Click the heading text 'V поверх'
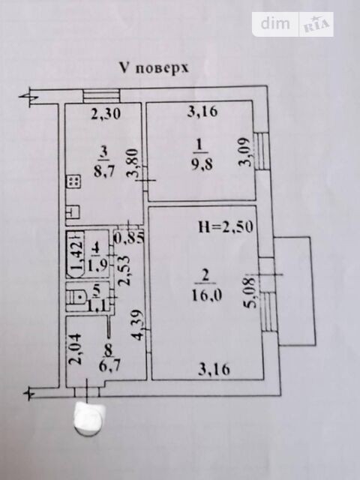pyautogui.click(x=154, y=68)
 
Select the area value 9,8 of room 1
pyautogui.click(x=202, y=165)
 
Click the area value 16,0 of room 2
pyautogui.click(x=207, y=295)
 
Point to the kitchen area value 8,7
pyautogui.click(x=104, y=171)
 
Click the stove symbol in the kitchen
pyautogui.click(x=73, y=181)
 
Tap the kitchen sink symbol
pyautogui.click(x=73, y=211)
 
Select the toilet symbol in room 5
pyautogui.click(x=77, y=297)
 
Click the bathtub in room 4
pyautogui.click(x=75, y=254)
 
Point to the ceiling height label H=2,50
pyautogui.click(x=226, y=226)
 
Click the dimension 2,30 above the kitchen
pyautogui.click(x=106, y=114)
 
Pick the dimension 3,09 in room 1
pyautogui.click(x=245, y=152)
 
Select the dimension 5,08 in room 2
pyautogui.click(x=251, y=293)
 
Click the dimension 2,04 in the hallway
pyautogui.click(x=75, y=349)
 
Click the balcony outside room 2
pyautogui.click(x=295, y=291)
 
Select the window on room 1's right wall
pyautogui.click(x=262, y=151)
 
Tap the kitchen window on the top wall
pyautogui.click(x=101, y=95)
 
